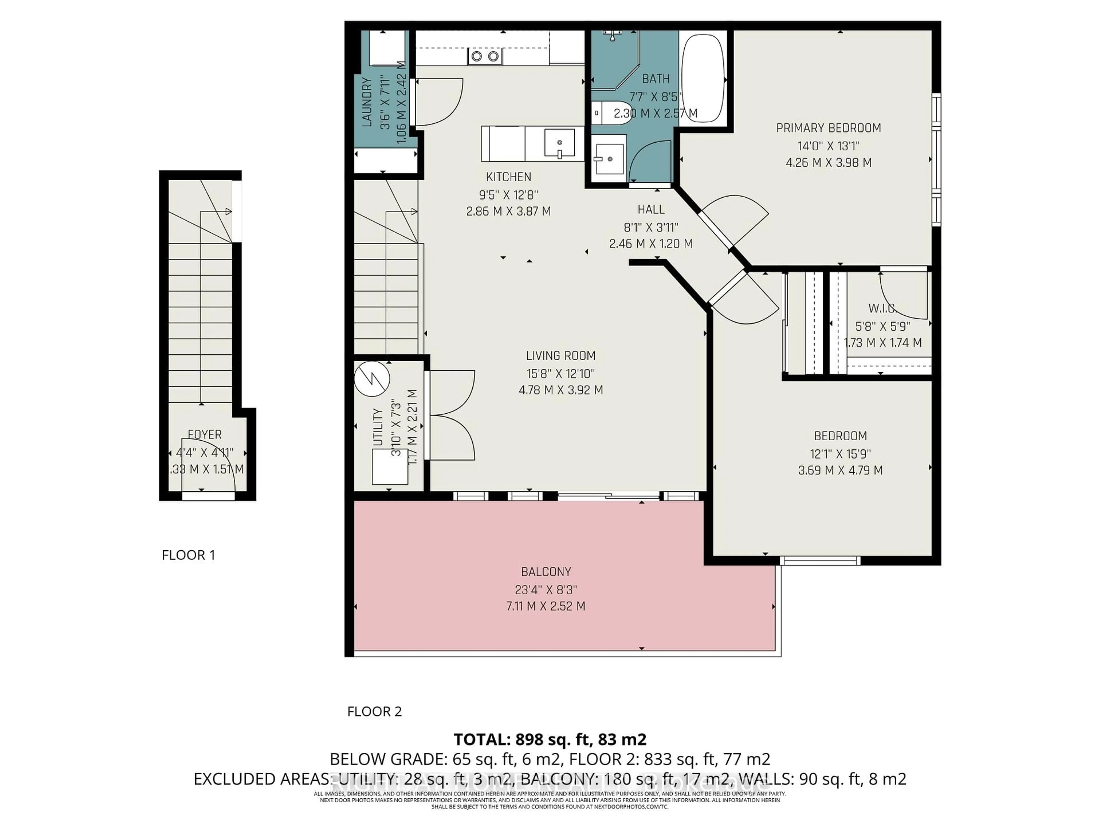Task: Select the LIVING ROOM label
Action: tap(560, 355)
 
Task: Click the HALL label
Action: tap(651, 209)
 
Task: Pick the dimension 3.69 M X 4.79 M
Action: tap(840, 470)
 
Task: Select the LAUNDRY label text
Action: tap(367, 102)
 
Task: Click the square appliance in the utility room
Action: tap(390, 466)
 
